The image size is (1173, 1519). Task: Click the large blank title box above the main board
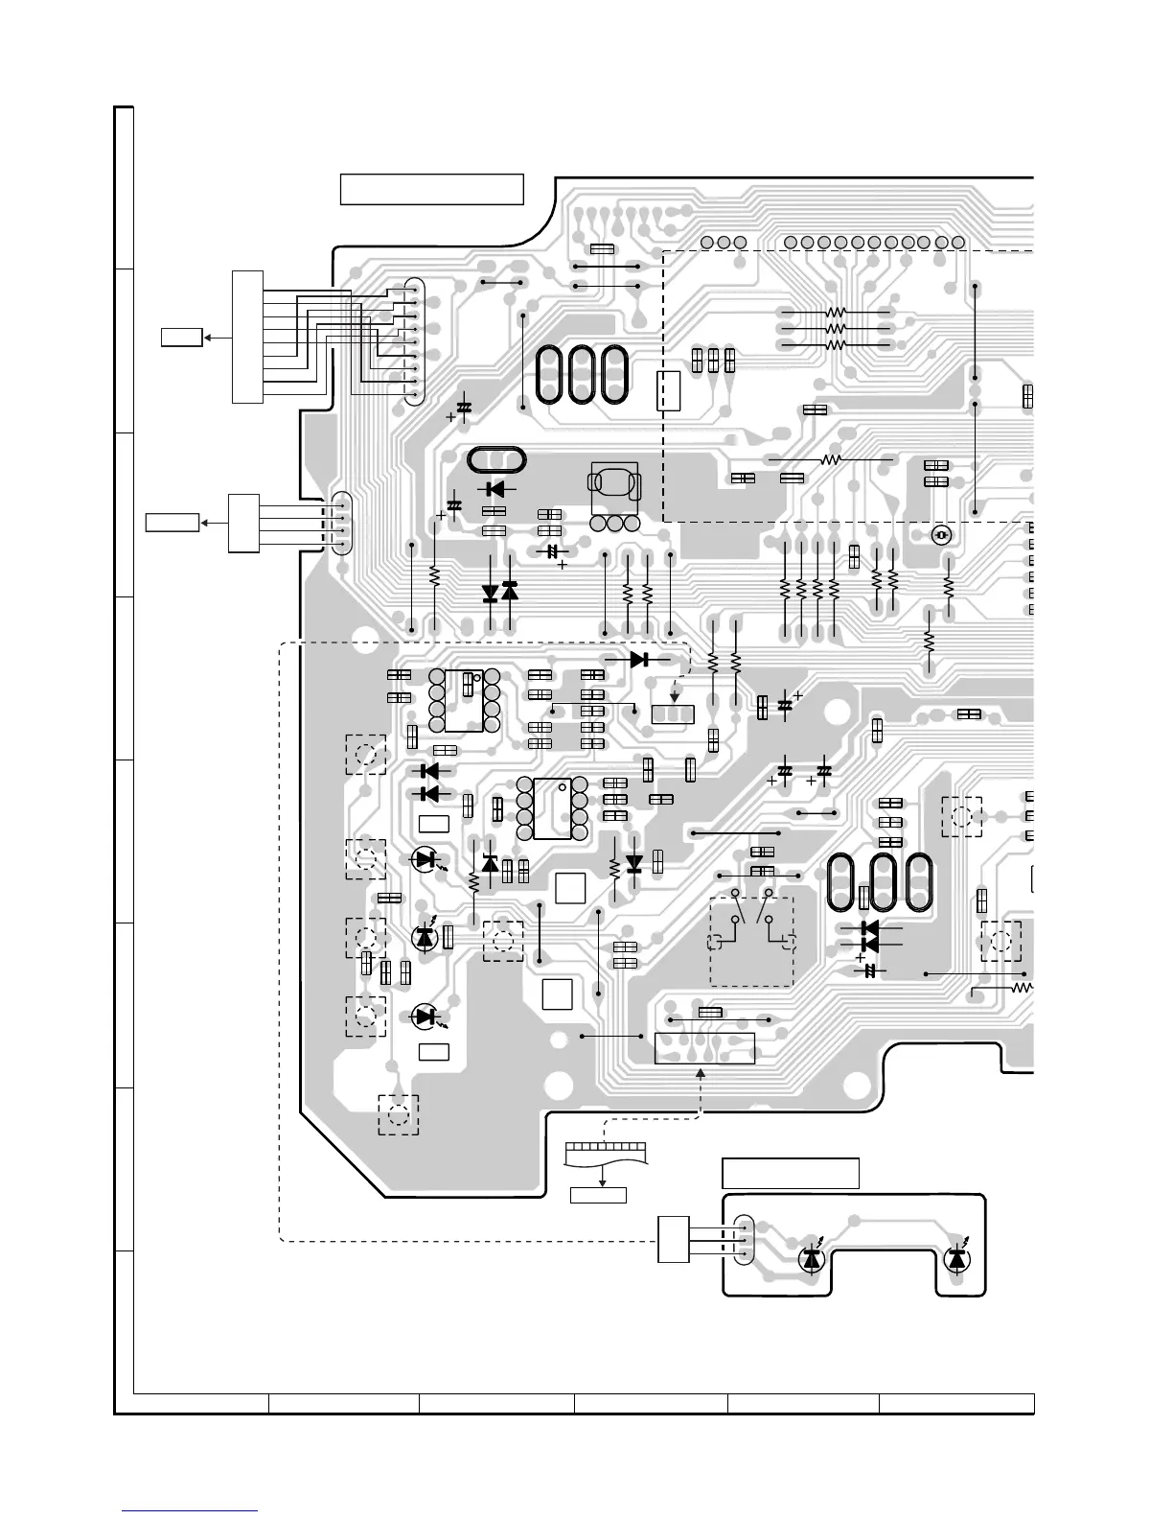coord(431,189)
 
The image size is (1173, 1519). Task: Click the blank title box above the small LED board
coord(790,1173)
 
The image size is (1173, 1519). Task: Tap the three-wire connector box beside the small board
coord(674,1239)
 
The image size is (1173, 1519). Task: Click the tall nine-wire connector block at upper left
coord(246,337)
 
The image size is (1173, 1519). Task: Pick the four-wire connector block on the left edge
coord(242,523)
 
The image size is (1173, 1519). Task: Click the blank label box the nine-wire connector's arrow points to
coord(181,337)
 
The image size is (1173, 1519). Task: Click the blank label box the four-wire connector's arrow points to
coord(172,523)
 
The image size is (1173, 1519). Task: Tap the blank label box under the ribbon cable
coord(598,1195)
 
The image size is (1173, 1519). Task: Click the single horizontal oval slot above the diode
coord(496,459)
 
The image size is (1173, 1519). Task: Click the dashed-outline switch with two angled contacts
coord(751,941)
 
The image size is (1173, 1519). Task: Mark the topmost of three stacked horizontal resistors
coord(836,313)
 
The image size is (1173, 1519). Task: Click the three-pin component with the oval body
coord(614,494)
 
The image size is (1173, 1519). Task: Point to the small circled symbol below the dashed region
coord(941,535)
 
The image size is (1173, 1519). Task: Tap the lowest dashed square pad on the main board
coord(399,1114)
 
